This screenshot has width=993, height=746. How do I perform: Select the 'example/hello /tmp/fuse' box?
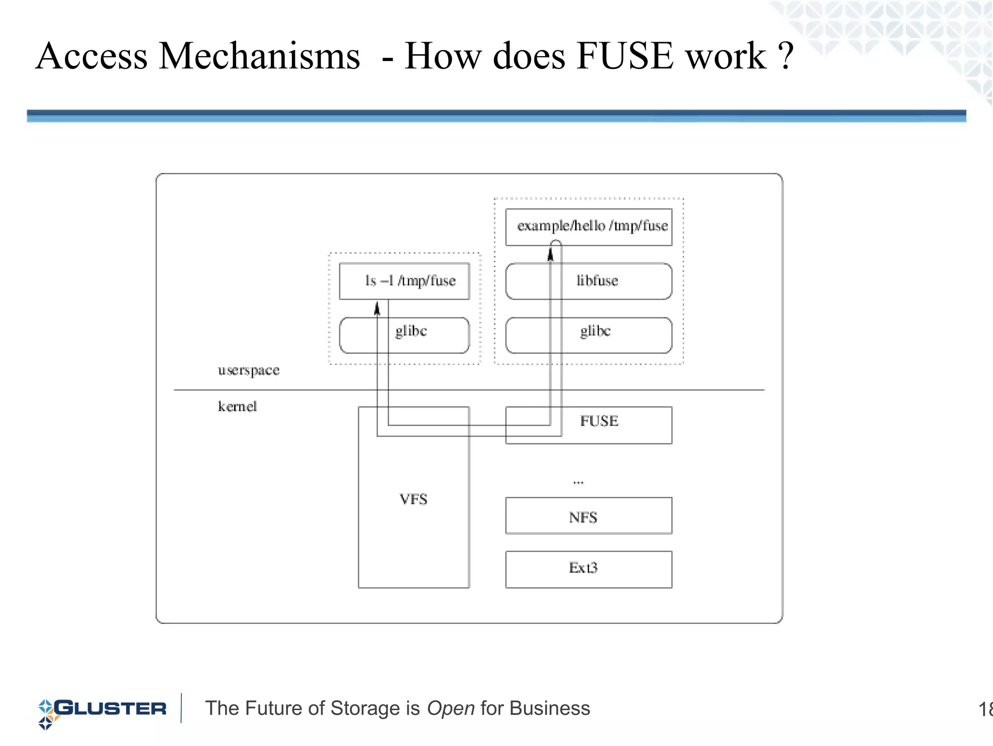pyautogui.click(x=589, y=227)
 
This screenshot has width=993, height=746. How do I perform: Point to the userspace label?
pyautogui.click(x=249, y=371)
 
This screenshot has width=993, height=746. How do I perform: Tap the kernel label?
pyautogui.click(x=237, y=406)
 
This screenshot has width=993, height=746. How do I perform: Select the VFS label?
pyautogui.click(x=413, y=499)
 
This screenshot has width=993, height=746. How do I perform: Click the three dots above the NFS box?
pyautogui.click(x=578, y=482)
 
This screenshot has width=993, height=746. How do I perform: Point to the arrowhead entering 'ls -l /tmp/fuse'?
pyautogui.click(x=377, y=308)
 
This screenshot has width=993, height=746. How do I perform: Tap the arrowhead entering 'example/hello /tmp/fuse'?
pyautogui.click(x=550, y=254)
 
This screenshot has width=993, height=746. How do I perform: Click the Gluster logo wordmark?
pyautogui.click(x=110, y=709)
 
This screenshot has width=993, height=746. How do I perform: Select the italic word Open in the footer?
pyautogui.click(x=450, y=709)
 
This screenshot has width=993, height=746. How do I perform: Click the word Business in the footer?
pyautogui.click(x=549, y=709)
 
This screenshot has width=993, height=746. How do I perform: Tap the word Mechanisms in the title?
pyautogui.click(x=259, y=56)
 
